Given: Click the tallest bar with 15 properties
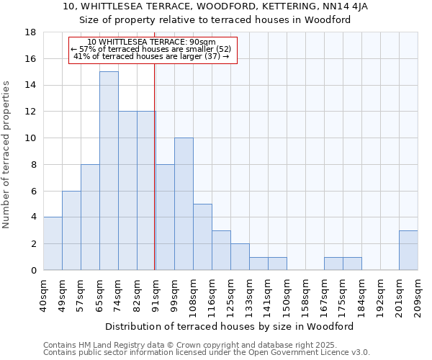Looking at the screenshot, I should pyautogui.click(x=109, y=171).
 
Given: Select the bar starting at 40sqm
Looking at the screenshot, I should pyautogui.click(x=53, y=243).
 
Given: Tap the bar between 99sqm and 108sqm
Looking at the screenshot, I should pyautogui.click(x=184, y=204).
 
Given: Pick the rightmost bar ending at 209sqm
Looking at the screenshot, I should pyautogui.click(x=408, y=250).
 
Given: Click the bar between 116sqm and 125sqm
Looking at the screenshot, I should pyautogui.click(x=221, y=250).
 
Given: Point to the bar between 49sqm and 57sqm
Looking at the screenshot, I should pyautogui.click(x=71, y=230).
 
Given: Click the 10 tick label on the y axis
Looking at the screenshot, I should pyautogui.click(x=30, y=138).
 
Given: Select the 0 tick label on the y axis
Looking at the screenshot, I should pyautogui.click(x=33, y=271).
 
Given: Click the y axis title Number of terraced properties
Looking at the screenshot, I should pyautogui.click(x=6, y=155).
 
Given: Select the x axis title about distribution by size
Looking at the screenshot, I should pyautogui.click(x=234, y=326).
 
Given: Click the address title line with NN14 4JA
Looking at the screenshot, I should pyautogui.click(x=215, y=6).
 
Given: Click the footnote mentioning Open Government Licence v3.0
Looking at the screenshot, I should pyautogui.click(x=207, y=353).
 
